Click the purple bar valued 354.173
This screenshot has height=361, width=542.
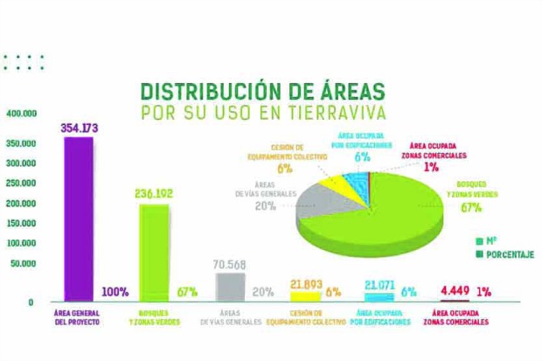(78, 219)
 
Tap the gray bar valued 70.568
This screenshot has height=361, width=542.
(230, 287)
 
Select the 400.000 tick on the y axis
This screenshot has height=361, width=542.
(21, 114)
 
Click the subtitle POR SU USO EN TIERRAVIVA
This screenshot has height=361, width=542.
(263, 115)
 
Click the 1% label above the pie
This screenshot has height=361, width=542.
(431, 167)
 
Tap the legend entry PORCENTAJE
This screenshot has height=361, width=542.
(504, 254)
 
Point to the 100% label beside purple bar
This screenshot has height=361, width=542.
(115, 292)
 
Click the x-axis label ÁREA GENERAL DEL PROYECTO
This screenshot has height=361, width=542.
(78, 316)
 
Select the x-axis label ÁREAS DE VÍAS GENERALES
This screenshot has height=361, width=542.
(231, 316)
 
